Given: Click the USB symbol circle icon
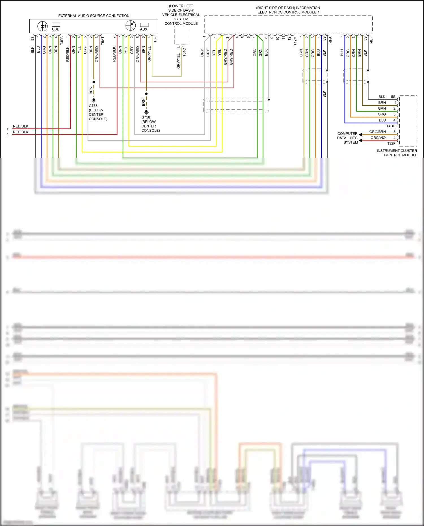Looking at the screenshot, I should click(43, 26).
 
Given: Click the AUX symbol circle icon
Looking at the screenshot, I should click(131, 25).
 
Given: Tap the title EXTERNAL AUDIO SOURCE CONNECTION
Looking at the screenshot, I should click(94, 16).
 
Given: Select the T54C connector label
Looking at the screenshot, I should click(184, 52).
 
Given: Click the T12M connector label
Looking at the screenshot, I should click(295, 41).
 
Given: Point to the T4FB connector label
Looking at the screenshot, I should click(62, 41).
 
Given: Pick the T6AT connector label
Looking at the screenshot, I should click(103, 41).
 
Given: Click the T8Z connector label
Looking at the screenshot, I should click(155, 40).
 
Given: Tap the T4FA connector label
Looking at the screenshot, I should click(330, 41).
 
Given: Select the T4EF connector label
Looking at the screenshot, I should click(371, 41).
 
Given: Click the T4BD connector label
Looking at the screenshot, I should click(391, 126).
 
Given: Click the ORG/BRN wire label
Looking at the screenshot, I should click(377, 132).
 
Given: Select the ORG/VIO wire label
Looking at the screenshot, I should click(378, 138).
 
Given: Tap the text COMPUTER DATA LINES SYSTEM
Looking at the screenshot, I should click(347, 138).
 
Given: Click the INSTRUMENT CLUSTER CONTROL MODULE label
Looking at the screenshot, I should click(397, 153).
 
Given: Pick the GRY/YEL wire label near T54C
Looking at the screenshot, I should click(178, 61).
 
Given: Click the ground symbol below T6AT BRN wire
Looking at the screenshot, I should click(94, 100).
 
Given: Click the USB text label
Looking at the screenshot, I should click(56, 29).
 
